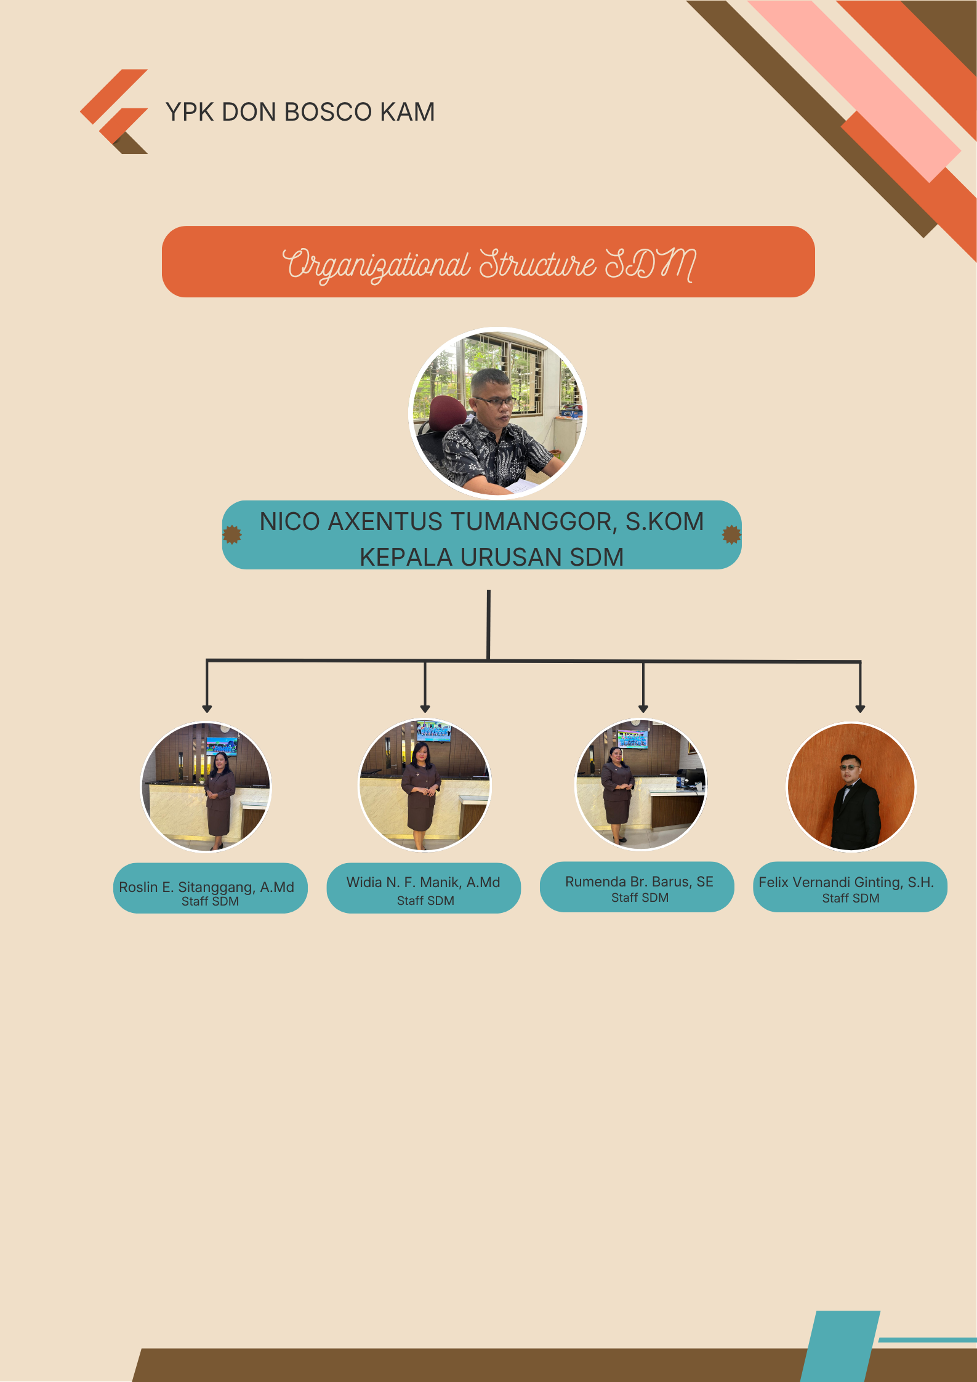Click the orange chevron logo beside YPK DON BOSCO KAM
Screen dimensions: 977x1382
pyautogui.click(x=114, y=111)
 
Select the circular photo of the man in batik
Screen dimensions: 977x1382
pyautogui.click(x=498, y=412)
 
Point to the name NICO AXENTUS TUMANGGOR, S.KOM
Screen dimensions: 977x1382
pyautogui.click(x=481, y=521)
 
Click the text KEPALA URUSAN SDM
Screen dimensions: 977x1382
pyautogui.click(x=491, y=557)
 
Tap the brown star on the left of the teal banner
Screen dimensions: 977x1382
pyautogui.click(x=232, y=535)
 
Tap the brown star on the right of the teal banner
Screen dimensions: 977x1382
pyautogui.click(x=731, y=535)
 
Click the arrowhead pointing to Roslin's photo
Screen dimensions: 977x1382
pyautogui.click(x=207, y=709)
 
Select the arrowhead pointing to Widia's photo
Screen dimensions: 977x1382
pyautogui.click(x=425, y=709)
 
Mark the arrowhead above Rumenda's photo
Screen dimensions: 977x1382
pyautogui.click(x=643, y=709)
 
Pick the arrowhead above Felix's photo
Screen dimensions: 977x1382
pyautogui.click(x=861, y=709)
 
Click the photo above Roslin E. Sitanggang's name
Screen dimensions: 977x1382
pyautogui.click(x=206, y=787)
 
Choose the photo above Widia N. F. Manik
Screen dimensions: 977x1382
pyautogui.click(x=425, y=785)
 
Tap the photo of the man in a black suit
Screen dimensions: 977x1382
pyautogui.click(x=851, y=787)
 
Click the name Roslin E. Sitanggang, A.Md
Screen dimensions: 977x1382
pyautogui.click(x=206, y=887)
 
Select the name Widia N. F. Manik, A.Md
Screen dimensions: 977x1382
pyautogui.click(x=423, y=882)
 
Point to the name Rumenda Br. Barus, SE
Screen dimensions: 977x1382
pyautogui.click(x=639, y=882)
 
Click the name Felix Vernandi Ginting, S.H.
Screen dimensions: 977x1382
pyautogui.click(x=846, y=882)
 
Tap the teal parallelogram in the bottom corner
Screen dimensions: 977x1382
pyautogui.click(x=840, y=1346)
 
